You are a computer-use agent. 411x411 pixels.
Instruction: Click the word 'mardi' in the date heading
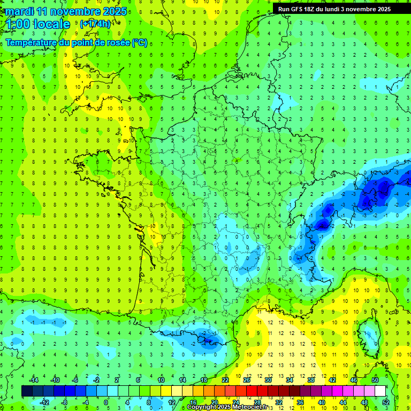18,11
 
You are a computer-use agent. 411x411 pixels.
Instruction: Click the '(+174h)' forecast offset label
95,24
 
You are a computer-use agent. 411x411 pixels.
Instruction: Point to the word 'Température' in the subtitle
32,42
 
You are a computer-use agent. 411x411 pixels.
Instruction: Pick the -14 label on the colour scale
34,380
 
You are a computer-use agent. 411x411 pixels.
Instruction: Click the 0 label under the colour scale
106,402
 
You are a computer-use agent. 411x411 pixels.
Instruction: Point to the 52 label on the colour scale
385,402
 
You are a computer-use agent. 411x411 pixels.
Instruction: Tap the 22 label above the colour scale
225,380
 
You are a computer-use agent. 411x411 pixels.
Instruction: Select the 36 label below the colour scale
300,402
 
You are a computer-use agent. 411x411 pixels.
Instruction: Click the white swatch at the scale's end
380,391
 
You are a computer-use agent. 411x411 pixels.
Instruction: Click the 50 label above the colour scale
375,380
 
